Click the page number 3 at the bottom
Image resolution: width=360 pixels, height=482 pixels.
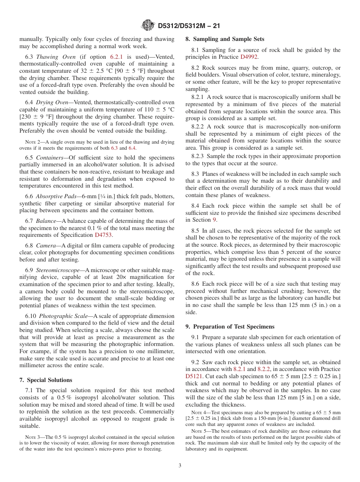click(180, 466)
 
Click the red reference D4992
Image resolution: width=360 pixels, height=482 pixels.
click(249, 57)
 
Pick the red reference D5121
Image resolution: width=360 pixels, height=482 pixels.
click(193, 376)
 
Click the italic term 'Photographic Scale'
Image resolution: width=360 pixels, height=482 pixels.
click(65, 316)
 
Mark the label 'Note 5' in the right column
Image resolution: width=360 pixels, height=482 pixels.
click(197, 431)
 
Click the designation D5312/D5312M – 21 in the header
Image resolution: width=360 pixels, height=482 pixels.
click(189, 26)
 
